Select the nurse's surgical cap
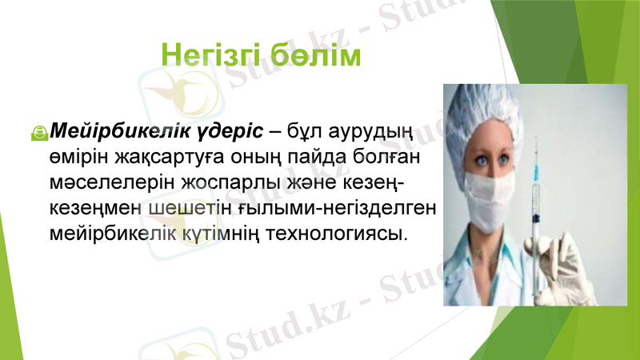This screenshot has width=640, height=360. point(496,112)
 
